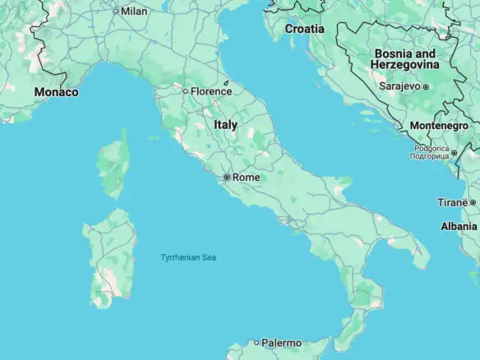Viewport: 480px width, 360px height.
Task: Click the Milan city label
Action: point(134,12)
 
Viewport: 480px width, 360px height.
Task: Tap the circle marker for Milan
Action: point(116,12)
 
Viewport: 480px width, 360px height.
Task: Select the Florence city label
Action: point(211,91)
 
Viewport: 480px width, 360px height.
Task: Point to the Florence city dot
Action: point(186,91)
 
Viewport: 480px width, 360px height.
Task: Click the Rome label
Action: point(247,177)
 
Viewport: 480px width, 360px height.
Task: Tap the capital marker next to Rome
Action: point(227,177)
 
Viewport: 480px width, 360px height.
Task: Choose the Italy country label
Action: point(226,125)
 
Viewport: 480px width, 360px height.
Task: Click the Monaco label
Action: point(56,92)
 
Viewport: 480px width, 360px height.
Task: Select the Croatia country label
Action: point(304,29)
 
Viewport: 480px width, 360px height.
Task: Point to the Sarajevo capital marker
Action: point(426,85)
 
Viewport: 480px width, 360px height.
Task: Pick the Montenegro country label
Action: point(441,125)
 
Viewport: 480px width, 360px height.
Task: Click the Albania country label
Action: point(459,226)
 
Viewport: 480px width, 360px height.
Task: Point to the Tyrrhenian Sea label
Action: point(188,258)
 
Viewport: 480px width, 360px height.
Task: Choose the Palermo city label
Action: point(282,343)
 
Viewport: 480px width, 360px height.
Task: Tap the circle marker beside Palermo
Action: point(256,343)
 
